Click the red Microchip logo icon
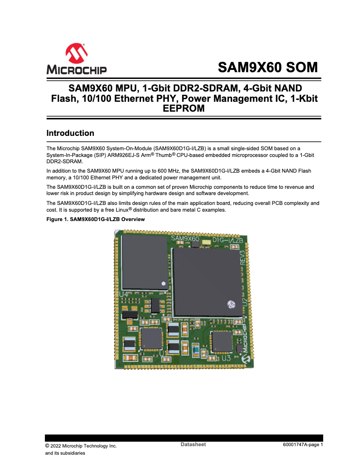(x=76, y=53)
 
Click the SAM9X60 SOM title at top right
(x=268, y=67)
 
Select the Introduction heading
(x=70, y=133)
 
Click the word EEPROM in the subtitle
(x=184, y=108)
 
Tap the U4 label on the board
(x=124, y=294)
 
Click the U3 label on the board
(x=226, y=358)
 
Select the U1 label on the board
(x=163, y=353)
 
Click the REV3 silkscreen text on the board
(x=244, y=259)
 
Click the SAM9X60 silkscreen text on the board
(x=185, y=239)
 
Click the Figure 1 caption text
(x=96, y=219)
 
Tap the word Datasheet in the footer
(x=193, y=444)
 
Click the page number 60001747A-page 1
(x=303, y=445)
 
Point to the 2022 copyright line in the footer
(x=81, y=446)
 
